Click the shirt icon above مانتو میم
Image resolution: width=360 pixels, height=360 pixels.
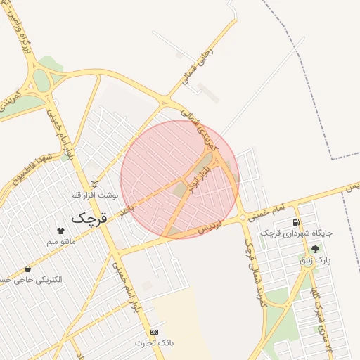60,230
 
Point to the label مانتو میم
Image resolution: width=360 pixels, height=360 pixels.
61,241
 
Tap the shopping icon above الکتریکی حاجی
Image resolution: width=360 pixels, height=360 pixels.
27,269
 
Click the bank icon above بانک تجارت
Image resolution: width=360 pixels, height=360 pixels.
154,332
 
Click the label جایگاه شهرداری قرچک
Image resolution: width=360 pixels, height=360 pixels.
296,233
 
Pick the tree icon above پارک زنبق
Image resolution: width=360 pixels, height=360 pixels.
314,249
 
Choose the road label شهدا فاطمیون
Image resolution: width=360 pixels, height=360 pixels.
32,167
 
